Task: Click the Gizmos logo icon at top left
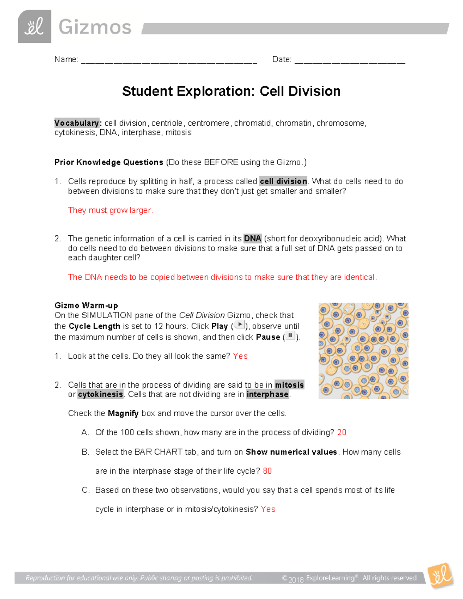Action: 34,27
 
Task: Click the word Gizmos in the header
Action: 95,27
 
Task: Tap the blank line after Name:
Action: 169,61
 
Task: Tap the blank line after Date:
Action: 350,61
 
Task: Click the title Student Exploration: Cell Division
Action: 231,91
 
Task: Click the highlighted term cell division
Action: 283,181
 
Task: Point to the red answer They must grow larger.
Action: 110,210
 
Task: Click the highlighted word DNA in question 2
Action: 252,238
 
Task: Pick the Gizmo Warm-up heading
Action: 86,305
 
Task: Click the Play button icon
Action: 240,325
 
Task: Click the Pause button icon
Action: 290,336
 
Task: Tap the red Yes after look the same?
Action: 240,356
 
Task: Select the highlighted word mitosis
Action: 289,385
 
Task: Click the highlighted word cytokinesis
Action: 100,394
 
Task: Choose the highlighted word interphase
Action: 267,394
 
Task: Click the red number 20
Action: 341,432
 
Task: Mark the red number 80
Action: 267,471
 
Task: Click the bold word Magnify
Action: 123,413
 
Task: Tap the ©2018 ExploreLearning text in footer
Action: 320,578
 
